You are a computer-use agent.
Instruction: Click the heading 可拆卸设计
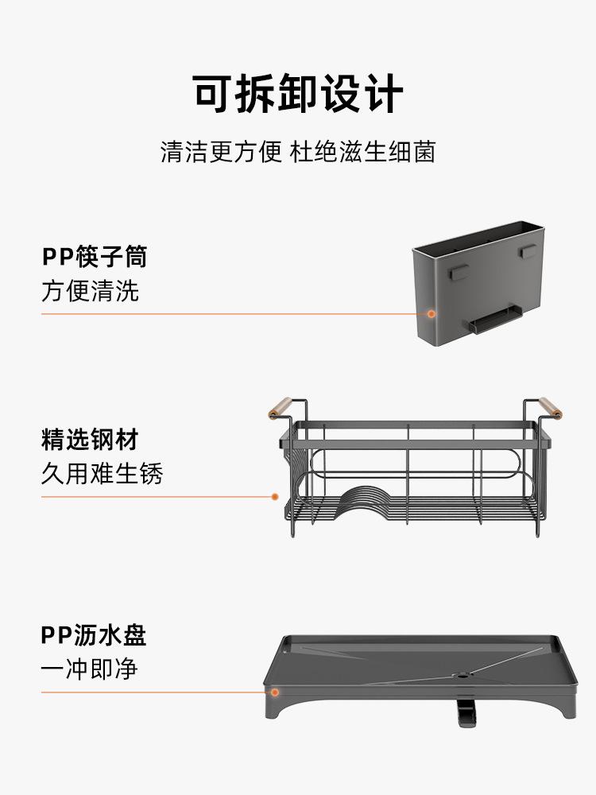click(x=298, y=95)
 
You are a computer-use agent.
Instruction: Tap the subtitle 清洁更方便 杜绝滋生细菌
click(x=298, y=152)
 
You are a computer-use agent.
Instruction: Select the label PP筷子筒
click(x=94, y=257)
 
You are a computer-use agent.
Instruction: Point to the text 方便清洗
click(x=90, y=291)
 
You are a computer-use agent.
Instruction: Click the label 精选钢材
click(x=90, y=440)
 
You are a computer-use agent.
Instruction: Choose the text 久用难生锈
click(x=102, y=474)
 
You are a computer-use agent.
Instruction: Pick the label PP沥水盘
click(x=94, y=635)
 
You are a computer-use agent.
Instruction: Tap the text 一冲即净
click(x=90, y=669)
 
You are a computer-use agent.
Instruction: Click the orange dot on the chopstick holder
click(x=432, y=314)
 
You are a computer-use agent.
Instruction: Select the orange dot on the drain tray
click(x=274, y=692)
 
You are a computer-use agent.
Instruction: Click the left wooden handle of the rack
click(x=280, y=406)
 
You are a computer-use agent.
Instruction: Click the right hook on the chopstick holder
click(x=528, y=251)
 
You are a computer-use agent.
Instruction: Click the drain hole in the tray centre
click(x=459, y=677)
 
